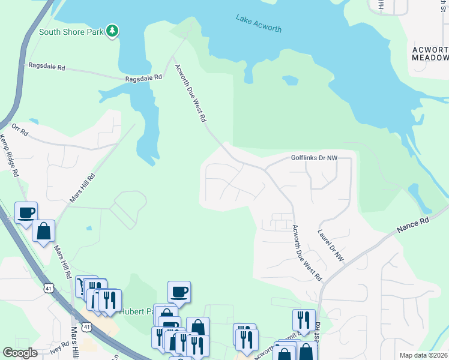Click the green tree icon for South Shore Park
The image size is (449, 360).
pyautogui.click(x=112, y=31)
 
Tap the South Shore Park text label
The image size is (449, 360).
pyautogui.click(x=71, y=32)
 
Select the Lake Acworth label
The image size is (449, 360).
pyautogui.click(x=258, y=25)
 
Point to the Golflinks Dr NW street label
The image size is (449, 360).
pyautogui.click(x=314, y=158)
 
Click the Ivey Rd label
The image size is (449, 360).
pyautogui.click(x=60, y=348)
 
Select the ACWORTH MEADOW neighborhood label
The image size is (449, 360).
pyautogui.click(x=430, y=53)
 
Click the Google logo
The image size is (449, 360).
pyautogui.click(x=20, y=353)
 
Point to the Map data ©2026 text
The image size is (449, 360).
pyautogui.click(x=423, y=355)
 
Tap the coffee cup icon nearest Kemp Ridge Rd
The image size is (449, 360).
pyautogui.click(x=26, y=212)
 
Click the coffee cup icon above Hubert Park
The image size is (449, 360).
pyautogui.click(x=179, y=292)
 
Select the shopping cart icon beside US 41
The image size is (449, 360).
pyautogui.click(x=80, y=287)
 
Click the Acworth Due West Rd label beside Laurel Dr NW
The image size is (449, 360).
pyautogui.click(x=307, y=253)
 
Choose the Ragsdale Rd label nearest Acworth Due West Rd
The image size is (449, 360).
pyautogui.click(x=144, y=78)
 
